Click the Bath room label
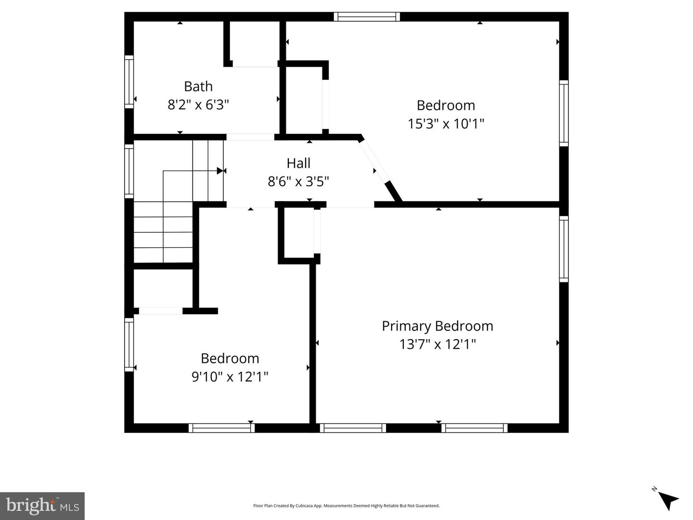pos(198,87)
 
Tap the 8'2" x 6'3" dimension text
pos(198,104)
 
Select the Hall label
pos(298,163)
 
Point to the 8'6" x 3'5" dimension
pos(298,181)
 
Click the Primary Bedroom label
pos(437,326)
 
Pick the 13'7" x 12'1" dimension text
pos(437,344)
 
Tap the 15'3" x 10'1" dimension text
pos(446,124)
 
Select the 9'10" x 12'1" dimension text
pos(230,376)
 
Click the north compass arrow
pos(667,499)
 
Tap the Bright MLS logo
pos(42,506)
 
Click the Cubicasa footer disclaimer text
pos(346,506)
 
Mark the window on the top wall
pos(367,17)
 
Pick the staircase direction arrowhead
pos(220,171)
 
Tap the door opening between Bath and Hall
pos(250,137)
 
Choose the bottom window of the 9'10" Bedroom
pos(221,428)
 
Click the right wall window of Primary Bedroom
pos(564,249)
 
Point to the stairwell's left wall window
pos(129,171)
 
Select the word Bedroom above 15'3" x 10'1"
pos(446,105)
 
